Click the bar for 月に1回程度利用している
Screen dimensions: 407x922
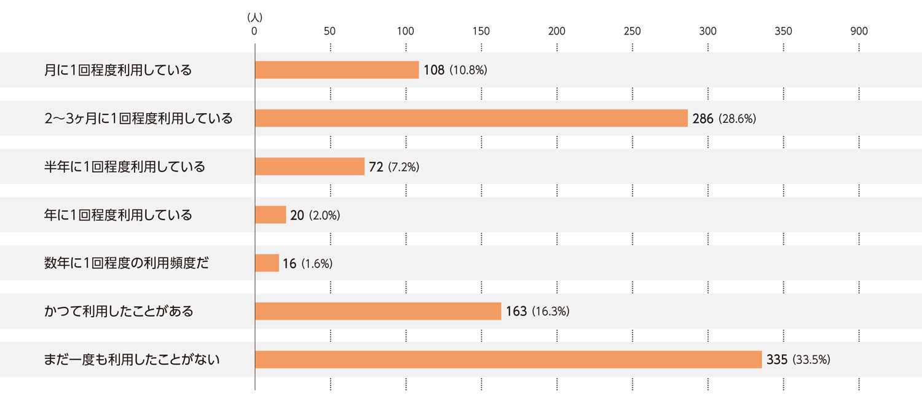pos(337,70)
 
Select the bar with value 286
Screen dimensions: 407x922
pos(471,118)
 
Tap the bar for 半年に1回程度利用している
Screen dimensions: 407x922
pos(310,167)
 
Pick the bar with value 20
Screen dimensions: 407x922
pos(270,215)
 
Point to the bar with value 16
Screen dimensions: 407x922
pos(267,263)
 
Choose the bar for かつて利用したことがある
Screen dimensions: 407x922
pos(378,311)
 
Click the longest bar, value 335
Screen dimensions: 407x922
pos(508,360)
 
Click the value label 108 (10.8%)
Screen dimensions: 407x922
pos(455,70)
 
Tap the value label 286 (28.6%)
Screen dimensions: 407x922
pos(724,118)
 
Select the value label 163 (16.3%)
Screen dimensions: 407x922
pos(538,311)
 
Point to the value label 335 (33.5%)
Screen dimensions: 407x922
pos(798,360)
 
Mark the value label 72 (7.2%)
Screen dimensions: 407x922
pos(394,167)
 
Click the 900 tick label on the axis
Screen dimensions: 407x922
pos(859,31)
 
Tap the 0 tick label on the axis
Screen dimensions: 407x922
pos(254,31)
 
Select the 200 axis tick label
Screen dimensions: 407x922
pos(557,31)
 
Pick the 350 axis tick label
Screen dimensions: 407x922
pos(783,31)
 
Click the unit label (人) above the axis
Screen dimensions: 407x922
pos(254,18)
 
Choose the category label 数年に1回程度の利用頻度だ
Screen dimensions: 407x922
pos(127,263)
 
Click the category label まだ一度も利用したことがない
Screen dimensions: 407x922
pos(132,360)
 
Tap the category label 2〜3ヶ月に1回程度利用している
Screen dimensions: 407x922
pos(138,118)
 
